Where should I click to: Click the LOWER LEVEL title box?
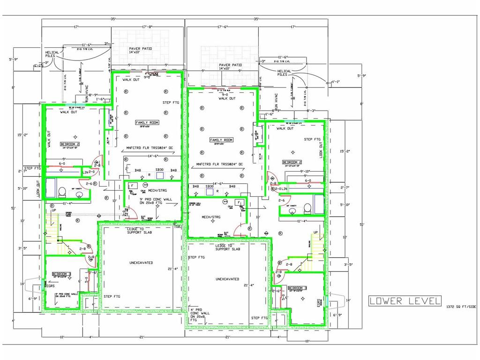tap(405, 300)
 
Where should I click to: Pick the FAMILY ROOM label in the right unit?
tap(221, 140)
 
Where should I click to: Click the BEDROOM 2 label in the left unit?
tap(70, 144)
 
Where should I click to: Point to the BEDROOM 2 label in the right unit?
tap(292, 162)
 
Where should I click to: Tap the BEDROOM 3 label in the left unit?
tap(61, 274)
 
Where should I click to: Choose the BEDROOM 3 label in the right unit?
tap(298, 288)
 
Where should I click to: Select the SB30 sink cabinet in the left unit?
tap(159, 170)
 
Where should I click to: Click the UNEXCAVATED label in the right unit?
tap(227, 279)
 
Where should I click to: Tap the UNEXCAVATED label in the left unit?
tap(141, 263)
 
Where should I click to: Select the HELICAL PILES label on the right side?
tap(284, 73)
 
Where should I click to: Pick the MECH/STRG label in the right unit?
tap(211, 217)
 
